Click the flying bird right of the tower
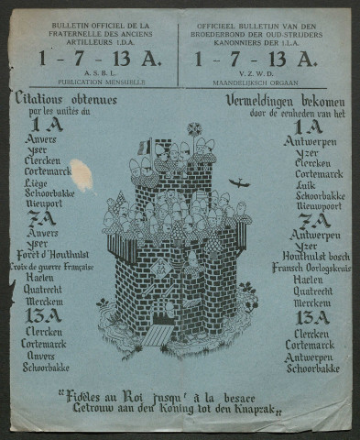(240, 182)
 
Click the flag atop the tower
(145, 146)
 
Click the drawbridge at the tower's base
(158, 335)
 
